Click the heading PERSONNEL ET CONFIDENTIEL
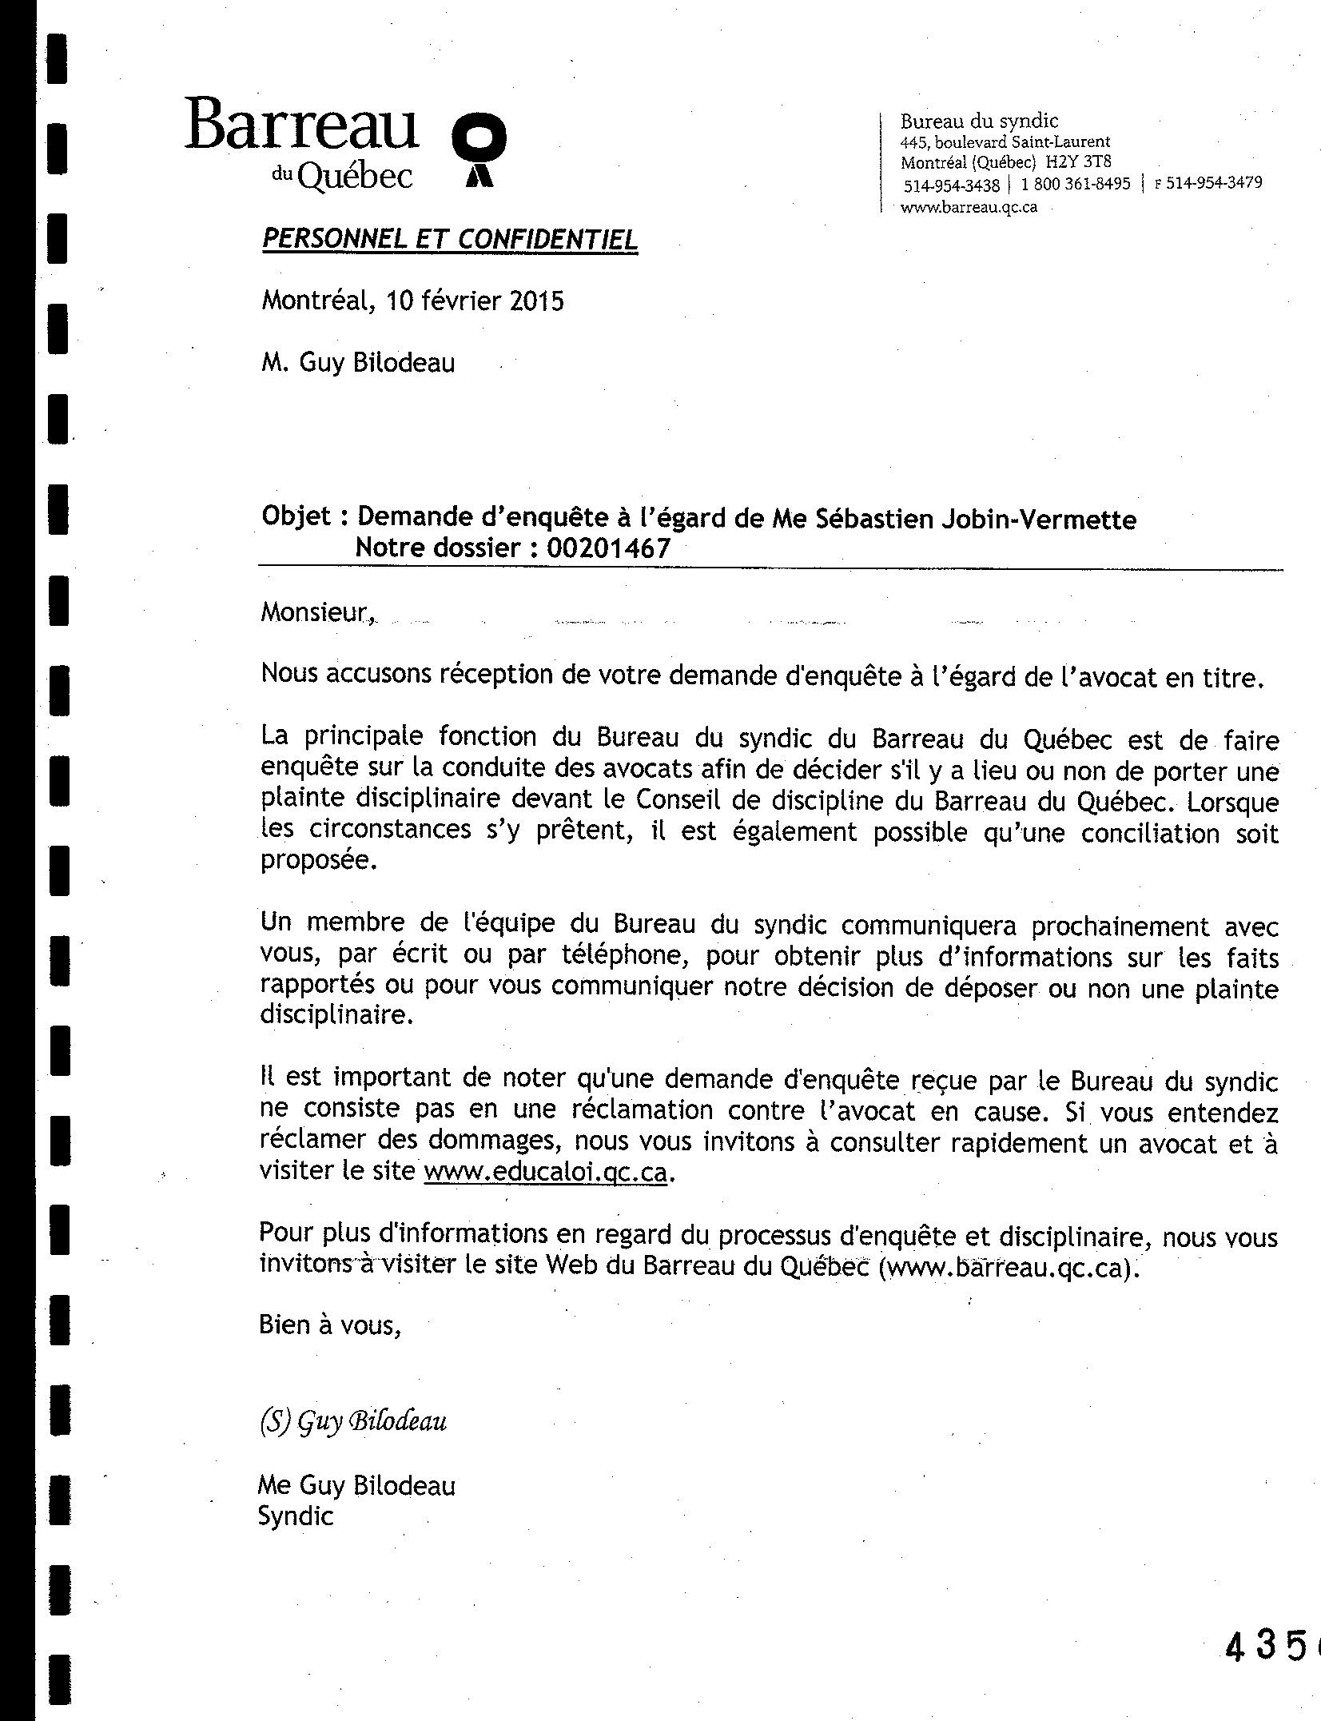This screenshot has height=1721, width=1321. click(x=450, y=239)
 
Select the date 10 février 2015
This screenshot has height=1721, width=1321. click(x=475, y=301)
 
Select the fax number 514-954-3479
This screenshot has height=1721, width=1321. click(x=1214, y=183)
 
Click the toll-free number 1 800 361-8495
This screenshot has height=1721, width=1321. click(x=1076, y=184)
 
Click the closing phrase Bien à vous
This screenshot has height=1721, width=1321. click(x=328, y=1325)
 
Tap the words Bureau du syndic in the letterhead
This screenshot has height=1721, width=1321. click(x=979, y=122)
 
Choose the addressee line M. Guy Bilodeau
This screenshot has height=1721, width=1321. click(x=358, y=364)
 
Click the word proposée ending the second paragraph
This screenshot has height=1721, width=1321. click(x=316, y=862)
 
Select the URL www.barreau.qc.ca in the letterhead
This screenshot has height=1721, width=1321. click(x=969, y=207)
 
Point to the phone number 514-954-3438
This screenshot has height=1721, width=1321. click(x=951, y=185)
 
